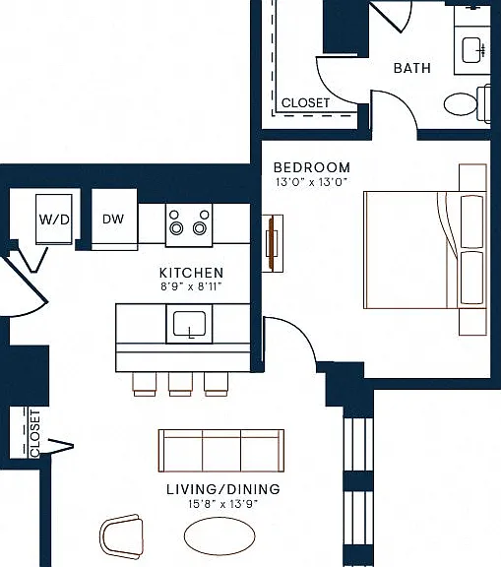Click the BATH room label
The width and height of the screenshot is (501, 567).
pyautogui.click(x=412, y=68)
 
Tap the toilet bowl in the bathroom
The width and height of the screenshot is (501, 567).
pyautogui.click(x=461, y=104)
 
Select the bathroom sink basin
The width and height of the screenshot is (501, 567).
pyautogui.click(x=471, y=50)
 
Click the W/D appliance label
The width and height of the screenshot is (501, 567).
pyautogui.click(x=54, y=220)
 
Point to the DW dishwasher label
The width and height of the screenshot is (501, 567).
pyautogui.click(x=113, y=219)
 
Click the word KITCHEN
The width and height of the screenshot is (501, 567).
pyautogui.click(x=191, y=273)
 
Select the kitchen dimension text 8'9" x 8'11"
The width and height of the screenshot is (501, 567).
pyautogui.click(x=191, y=286)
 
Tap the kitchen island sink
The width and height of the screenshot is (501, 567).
pyautogui.click(x=189, y=324)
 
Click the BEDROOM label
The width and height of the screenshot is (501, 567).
pyautogui.click(x=312, y=167)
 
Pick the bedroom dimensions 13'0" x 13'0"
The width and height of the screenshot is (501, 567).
pyautogui.click(x=311, y=182)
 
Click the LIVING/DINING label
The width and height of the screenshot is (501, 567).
pyautogui.click(x=223, y=489)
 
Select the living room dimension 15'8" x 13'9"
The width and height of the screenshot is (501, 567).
pyautogui.click(x=223, y=504)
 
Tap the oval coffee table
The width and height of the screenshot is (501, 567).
pyautogui.click(x=219, y=535)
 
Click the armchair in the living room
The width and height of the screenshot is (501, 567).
pyautogui.click(x=121, y=536)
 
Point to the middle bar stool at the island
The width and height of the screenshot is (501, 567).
pyautogui.click(x=180, y=384)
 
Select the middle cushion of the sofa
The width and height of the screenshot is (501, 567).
pyautogui.click(x=221, y=451)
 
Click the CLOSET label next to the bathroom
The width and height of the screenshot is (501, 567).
pyautogui.click(x=305, y=103)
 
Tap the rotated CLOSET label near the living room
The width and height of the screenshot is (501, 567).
pyautogui.click(x=35, y=433)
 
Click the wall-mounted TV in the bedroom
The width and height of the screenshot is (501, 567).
pyautogui.click(x=272, y=243)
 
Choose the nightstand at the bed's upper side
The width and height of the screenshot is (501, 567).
pyautogui.click(x=472, y=177)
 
